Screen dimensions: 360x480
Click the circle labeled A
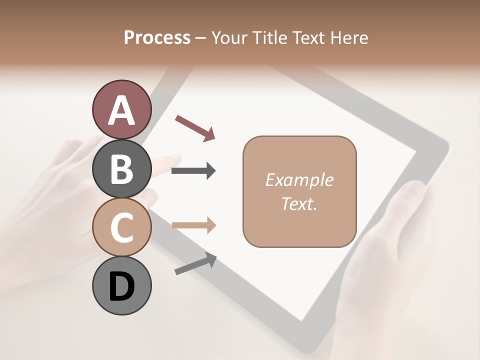121,110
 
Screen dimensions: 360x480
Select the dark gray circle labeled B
121,168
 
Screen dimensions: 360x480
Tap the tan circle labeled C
121,227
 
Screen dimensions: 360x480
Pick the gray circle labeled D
121,285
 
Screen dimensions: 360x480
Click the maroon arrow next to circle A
195,127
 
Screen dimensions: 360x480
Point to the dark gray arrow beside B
193,171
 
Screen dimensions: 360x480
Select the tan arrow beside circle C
193,225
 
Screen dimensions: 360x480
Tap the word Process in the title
157,37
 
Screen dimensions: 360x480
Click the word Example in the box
299,180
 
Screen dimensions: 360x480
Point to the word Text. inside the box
299,203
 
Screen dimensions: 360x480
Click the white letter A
121,110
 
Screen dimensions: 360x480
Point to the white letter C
121,227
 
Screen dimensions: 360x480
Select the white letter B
121,169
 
